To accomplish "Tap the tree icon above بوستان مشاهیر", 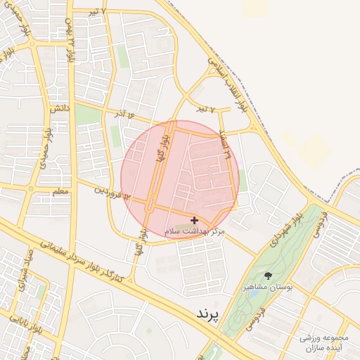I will coord(267,275).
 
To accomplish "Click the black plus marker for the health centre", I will coord(194,221).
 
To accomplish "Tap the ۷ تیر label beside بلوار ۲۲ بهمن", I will coord(98,12).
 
